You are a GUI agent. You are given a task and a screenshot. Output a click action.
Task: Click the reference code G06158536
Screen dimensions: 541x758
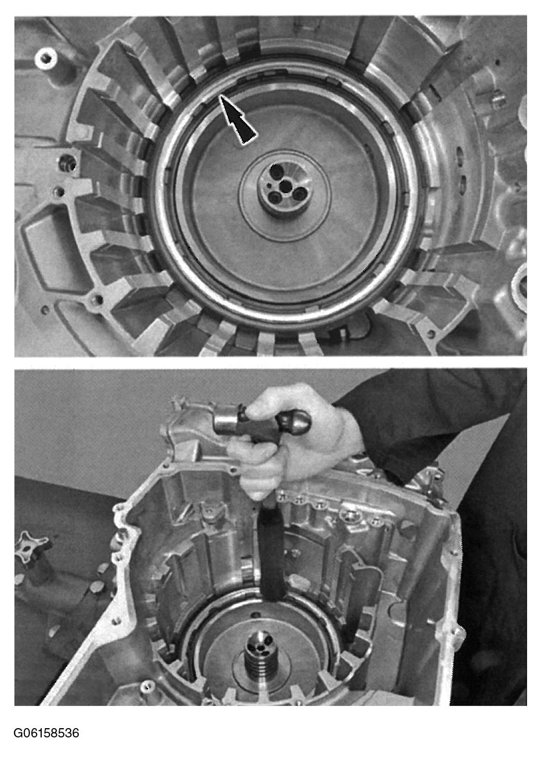click(46, 733)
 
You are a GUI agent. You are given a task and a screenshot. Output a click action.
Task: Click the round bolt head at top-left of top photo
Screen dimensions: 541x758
click(46, 59)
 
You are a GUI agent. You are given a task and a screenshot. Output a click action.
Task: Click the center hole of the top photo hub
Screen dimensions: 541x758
click(286, 186)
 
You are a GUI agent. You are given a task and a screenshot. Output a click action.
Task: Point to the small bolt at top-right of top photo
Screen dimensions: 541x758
click(499, 100)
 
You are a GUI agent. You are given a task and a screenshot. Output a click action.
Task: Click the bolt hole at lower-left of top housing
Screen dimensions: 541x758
click(98, 299)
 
